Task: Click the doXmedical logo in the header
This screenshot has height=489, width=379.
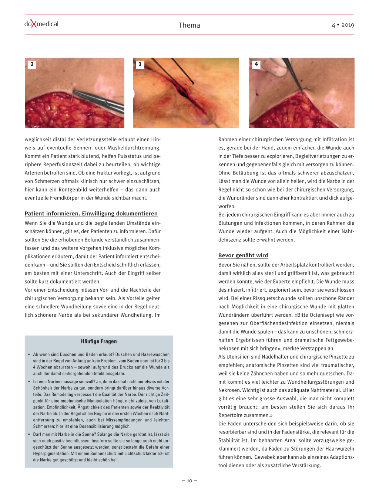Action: [x=41, y=24]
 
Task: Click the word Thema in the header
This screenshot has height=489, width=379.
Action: [x=189, y=25]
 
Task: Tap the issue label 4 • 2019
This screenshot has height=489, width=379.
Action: [x=343, y=25]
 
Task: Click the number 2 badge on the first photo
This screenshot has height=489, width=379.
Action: [x=32, y=64]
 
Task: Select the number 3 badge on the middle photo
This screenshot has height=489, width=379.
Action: [x=140, y=64]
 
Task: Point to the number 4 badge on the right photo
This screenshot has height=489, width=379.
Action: [x=256, y=64]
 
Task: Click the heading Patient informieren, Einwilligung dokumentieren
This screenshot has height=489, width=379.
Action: [x=91, y=214]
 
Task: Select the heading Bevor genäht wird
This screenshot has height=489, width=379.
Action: [x=243, y=255]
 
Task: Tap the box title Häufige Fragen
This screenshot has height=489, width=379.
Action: [x=99, y=342]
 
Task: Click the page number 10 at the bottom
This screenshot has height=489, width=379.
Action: [x=189, y=481]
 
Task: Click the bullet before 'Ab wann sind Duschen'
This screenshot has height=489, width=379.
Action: [x=29, y=354]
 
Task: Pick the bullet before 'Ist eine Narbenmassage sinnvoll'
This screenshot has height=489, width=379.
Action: [x=29, y=381]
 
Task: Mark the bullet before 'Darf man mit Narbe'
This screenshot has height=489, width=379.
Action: [x=29, y=434]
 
